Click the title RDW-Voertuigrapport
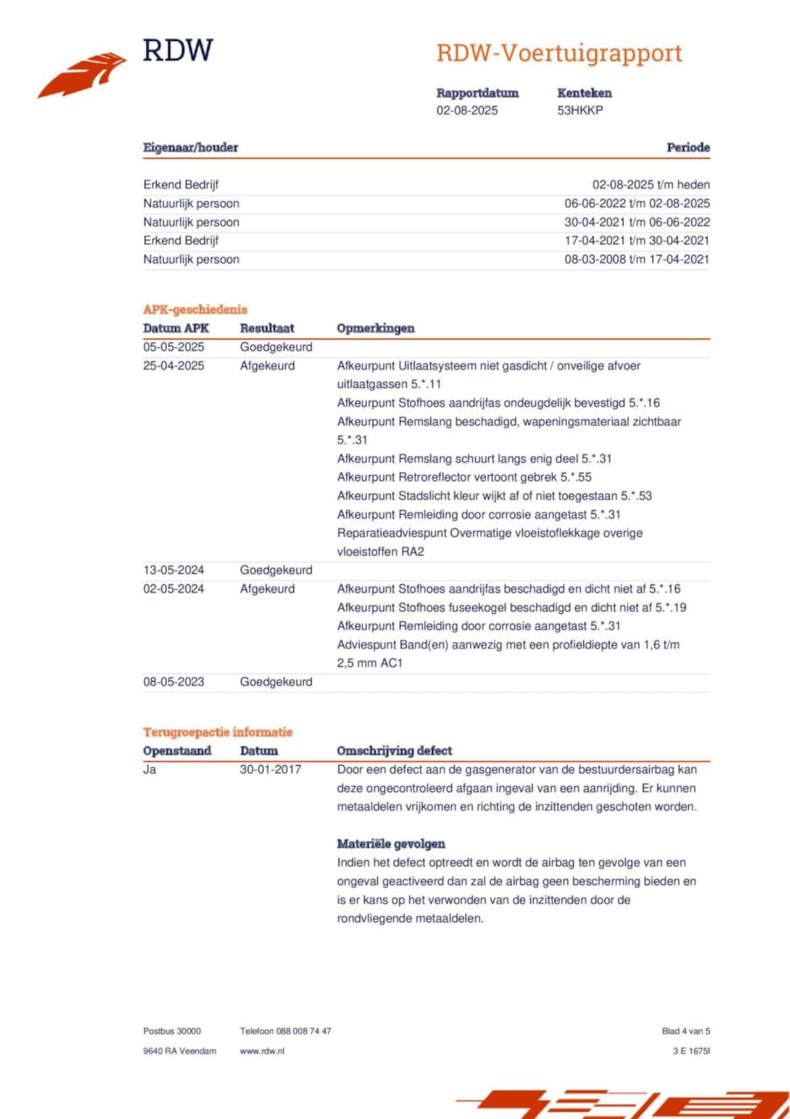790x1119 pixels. point(559,54)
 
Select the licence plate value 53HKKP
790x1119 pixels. point(580,111)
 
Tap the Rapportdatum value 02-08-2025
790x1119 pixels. point(467,111)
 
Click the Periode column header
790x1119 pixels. point(688,148)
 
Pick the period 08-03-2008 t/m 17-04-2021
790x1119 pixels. point(636,259)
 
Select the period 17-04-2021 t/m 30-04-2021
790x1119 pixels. point(636,241)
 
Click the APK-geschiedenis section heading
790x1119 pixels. point(195,309)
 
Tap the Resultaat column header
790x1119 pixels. point(267,329)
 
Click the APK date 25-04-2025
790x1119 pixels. point(173,366)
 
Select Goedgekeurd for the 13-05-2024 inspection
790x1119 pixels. point(276,570)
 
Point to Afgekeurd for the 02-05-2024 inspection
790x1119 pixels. point(267,589)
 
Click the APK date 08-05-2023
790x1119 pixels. point(173,682)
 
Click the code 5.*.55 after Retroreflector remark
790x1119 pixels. point(576,477)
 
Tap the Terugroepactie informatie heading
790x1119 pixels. point(218,732)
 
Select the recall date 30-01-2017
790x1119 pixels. point(270,769)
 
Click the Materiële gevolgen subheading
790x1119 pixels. point(391,844)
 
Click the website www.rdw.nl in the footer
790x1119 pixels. point(262,1051)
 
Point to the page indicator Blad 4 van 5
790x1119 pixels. point(686,1031)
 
